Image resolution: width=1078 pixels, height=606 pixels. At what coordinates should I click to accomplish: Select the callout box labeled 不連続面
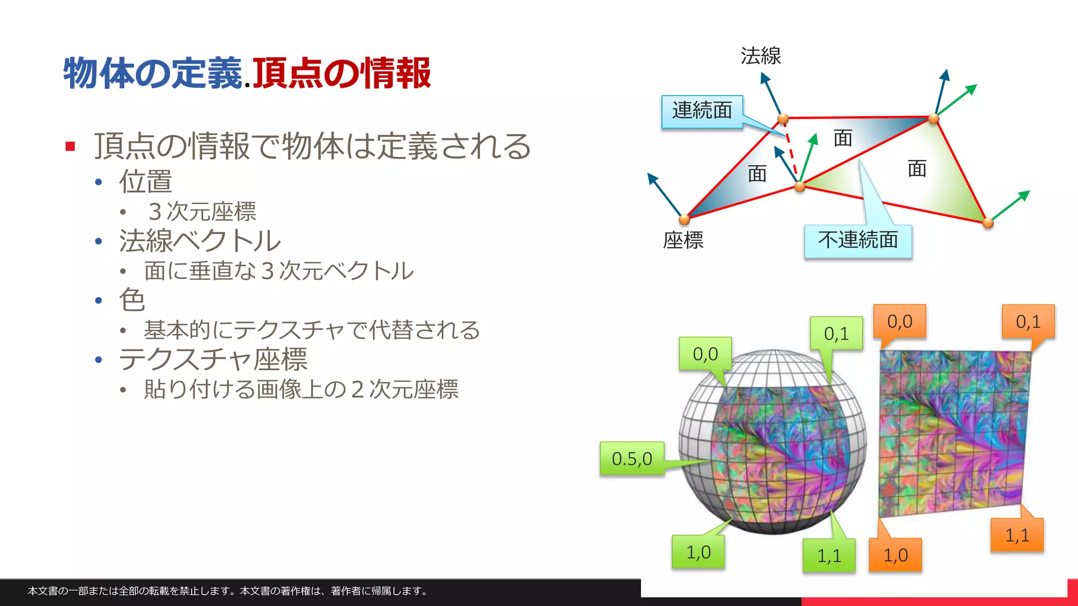coord(857,241)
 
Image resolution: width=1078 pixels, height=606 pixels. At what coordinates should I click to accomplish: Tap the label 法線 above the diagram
coord(761,56)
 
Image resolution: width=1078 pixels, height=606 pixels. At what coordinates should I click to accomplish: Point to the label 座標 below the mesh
coord(683,241)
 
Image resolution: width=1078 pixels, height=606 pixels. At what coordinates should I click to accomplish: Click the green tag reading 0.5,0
coord(632,459)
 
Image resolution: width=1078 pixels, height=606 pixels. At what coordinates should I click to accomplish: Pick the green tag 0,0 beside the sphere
coord(705,354)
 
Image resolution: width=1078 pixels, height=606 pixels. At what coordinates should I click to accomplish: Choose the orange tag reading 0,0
coord(899,321)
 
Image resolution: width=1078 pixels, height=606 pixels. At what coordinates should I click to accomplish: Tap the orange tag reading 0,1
coord(1027,321)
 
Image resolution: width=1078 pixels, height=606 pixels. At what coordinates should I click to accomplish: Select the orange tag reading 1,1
coord(1016,536)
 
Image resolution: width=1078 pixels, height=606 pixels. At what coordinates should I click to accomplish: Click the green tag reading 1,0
coord(698,552)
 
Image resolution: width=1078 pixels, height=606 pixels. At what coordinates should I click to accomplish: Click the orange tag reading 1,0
coord(895,555)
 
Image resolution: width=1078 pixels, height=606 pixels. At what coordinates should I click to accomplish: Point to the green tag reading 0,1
coord(836,334)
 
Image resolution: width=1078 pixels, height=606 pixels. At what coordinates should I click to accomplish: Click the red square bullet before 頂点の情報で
coord(71,146)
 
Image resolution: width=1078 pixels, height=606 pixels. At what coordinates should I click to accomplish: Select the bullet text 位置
coord(146,181)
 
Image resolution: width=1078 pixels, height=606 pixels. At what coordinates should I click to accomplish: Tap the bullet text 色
coord(132,300)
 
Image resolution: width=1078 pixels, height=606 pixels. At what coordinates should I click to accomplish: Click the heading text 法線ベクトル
coord(200,241)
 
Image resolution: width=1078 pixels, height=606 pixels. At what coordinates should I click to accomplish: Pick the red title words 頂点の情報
coord(342,73)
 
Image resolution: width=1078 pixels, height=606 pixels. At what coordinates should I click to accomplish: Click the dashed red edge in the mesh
coord(791,150)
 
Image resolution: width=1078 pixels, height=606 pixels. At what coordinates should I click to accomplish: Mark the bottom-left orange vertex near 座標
coord(684,219)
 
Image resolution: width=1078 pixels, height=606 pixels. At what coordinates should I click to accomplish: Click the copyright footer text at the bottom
coord(227,591)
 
